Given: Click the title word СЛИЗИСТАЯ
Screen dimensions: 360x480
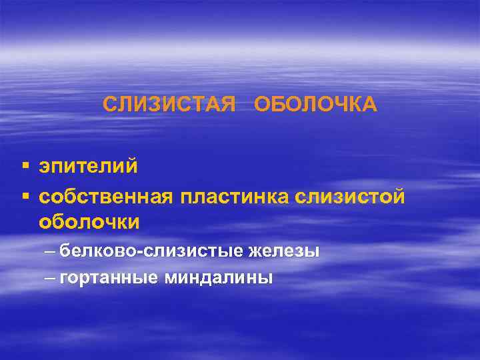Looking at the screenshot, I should [x=170, y=105].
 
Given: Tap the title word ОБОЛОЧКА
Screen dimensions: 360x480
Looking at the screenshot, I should [x=316, y=105].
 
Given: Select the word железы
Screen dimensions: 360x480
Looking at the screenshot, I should [x=285, y=251].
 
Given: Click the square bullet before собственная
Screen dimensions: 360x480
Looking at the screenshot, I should [x=25, y=195].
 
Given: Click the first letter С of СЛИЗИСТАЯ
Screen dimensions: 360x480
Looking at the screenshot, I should [x=109, y=105].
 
